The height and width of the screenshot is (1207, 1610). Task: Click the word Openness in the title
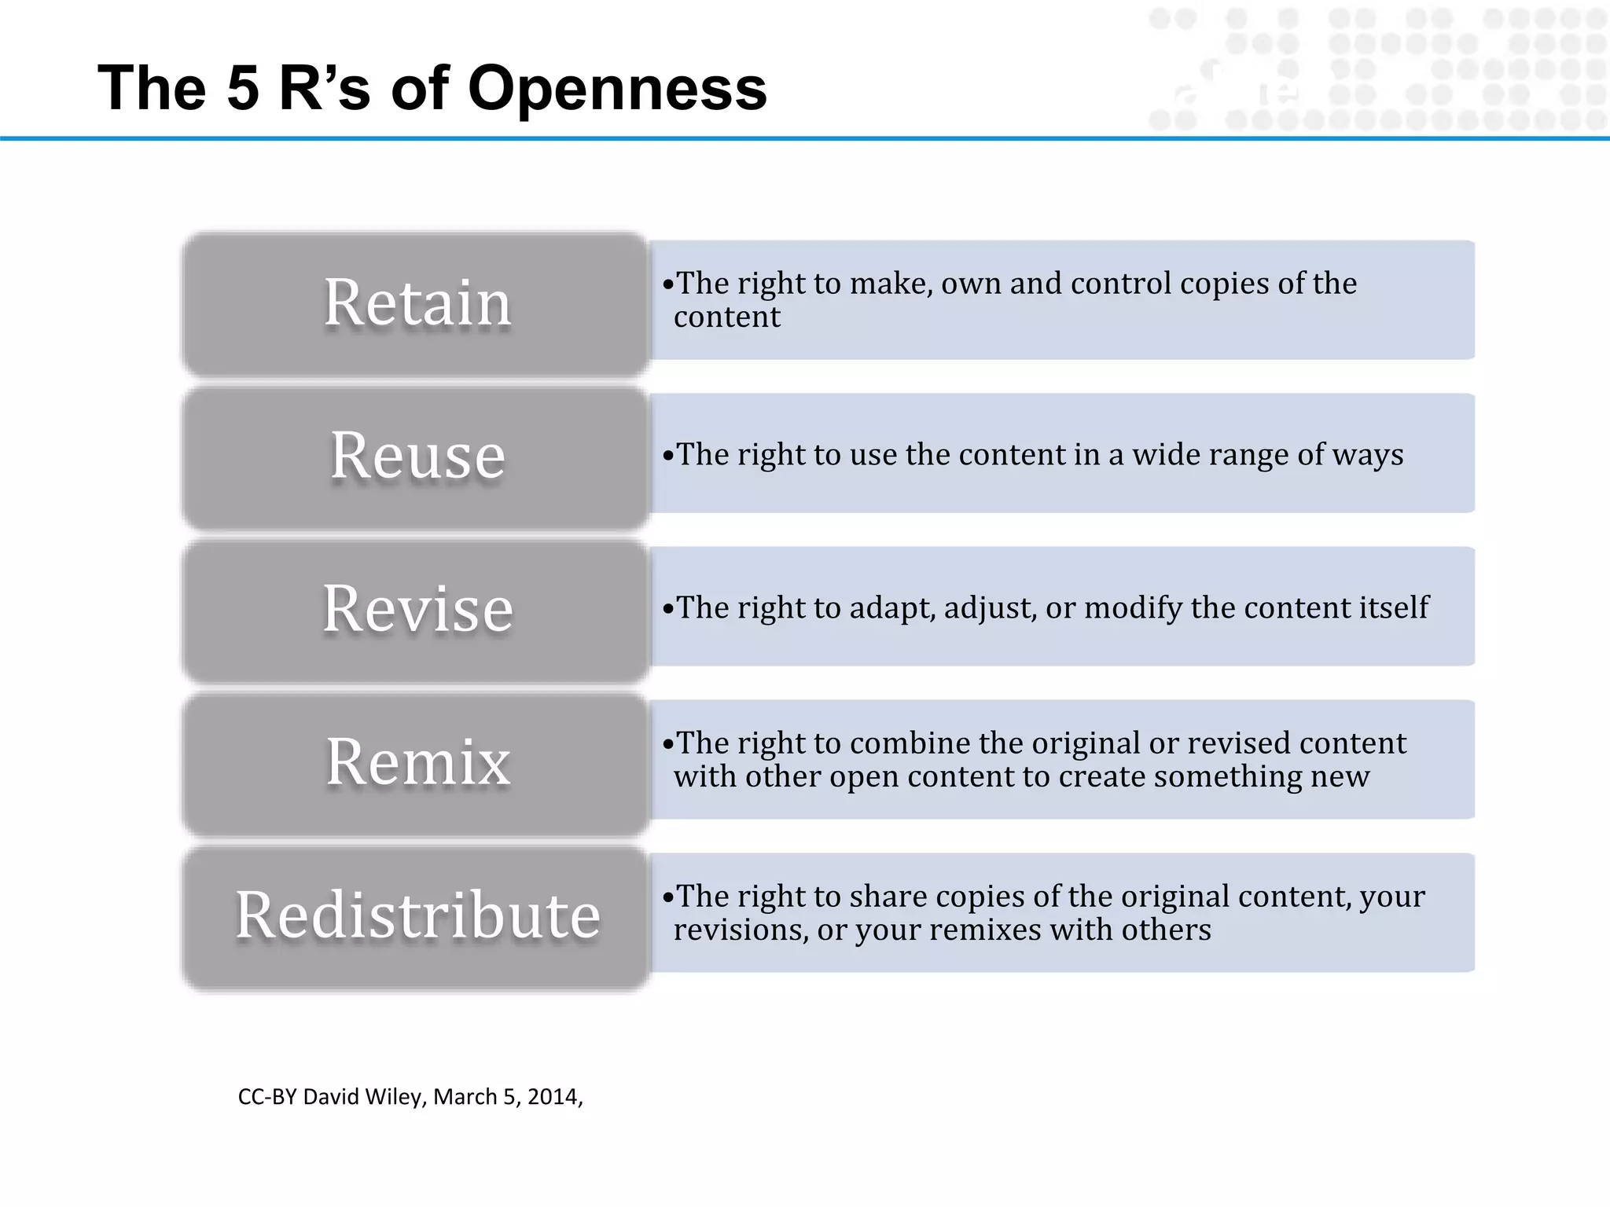coord(617,88)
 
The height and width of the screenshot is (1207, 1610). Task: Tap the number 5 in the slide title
coord(243,88)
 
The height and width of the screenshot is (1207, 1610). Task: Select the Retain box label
coord(417,303)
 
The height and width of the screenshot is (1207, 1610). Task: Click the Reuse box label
coord(417,456)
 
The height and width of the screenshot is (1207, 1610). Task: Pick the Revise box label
coord(417,609)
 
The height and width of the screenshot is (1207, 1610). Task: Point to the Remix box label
coord(417,762)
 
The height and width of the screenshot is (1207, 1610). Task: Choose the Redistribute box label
coord(417,915)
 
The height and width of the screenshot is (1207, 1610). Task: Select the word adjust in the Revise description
coord(988,608)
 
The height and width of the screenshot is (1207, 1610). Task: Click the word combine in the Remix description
coord(910,743)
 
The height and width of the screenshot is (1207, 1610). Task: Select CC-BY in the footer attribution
coord(267,1097)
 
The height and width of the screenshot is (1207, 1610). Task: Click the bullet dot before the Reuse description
coord(668,456)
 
